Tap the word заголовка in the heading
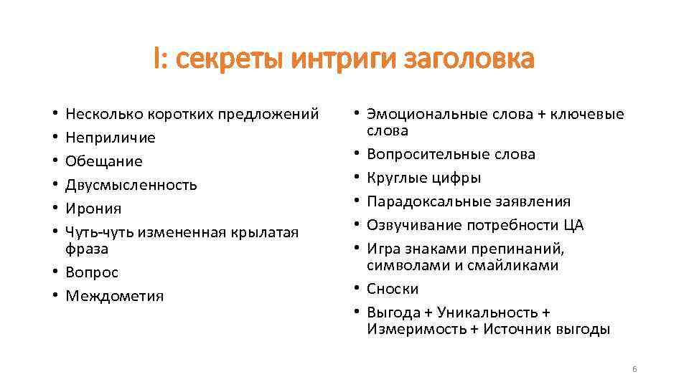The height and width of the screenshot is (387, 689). [x=469, y=59]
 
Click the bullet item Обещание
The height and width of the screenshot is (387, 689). [x=103, y=161]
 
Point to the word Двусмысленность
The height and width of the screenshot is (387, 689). [x=131, y=185]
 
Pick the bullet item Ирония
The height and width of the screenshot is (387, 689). [x=93, y=209]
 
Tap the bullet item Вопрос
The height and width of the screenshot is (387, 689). [x=92, y=272]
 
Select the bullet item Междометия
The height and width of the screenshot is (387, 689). [x=115, y=296]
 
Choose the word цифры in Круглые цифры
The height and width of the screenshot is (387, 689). [x=458, y=178]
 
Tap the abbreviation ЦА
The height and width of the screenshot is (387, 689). [x=573, y=225]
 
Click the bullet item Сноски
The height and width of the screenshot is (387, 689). [x=393, y=289]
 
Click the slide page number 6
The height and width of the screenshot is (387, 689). [x=634, y=369]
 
